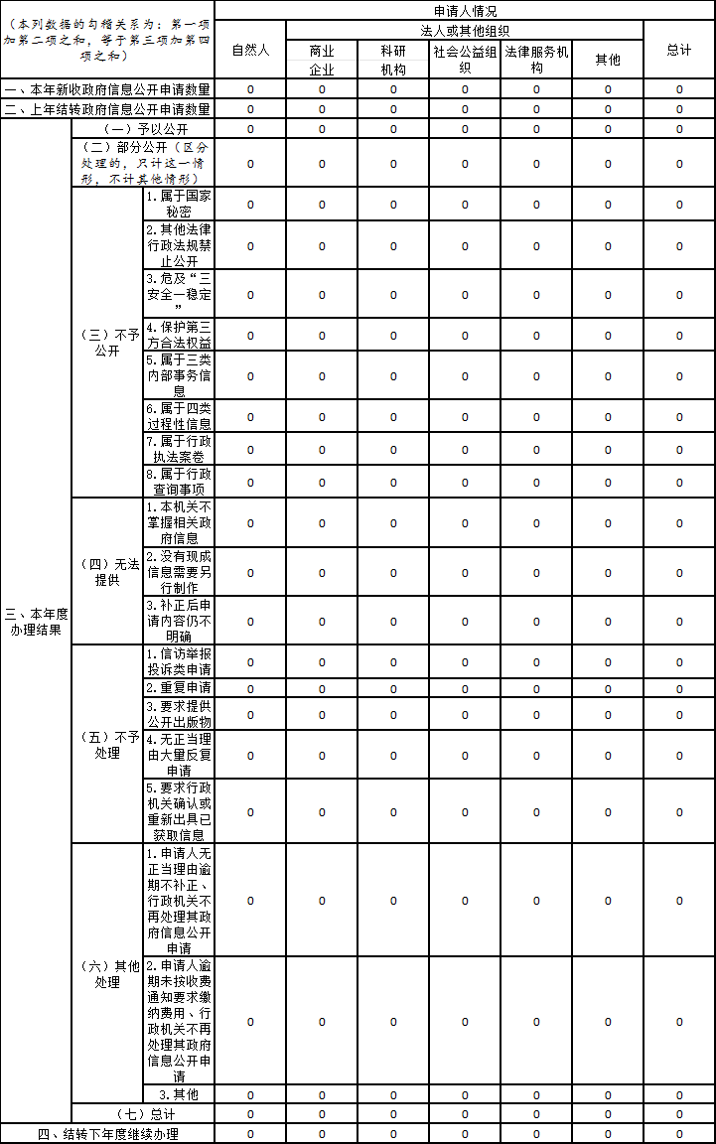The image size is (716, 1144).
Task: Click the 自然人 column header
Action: point(250,50)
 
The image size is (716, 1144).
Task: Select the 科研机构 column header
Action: point(393,60)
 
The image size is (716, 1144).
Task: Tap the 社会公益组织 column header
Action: point(465,60)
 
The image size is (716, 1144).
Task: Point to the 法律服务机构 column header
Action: point(536,60)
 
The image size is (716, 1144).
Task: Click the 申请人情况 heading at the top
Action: point(465,11)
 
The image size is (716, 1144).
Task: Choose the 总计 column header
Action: point(679,50)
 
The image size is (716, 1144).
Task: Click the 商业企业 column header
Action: point(322,60)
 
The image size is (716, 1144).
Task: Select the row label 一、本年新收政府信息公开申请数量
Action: point(107,89)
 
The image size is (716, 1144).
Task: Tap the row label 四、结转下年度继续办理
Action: point(107,1134)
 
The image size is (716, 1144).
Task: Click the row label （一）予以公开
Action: point(144,129)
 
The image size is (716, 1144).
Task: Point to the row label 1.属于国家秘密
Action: point(179,204)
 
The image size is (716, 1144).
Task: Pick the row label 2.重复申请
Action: point(179,687)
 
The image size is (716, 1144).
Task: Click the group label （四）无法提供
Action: point(107,572)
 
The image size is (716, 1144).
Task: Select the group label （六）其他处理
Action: point(107,974)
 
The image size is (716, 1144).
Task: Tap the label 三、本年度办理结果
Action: point(36,622)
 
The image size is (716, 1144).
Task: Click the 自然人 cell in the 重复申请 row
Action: point(250,688)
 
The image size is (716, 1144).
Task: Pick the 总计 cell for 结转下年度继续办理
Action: point(679,1134)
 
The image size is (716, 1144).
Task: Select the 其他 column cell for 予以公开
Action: point(608,129)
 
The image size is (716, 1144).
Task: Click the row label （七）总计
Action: point(144,1114)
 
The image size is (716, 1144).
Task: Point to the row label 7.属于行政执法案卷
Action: point(179,449)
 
